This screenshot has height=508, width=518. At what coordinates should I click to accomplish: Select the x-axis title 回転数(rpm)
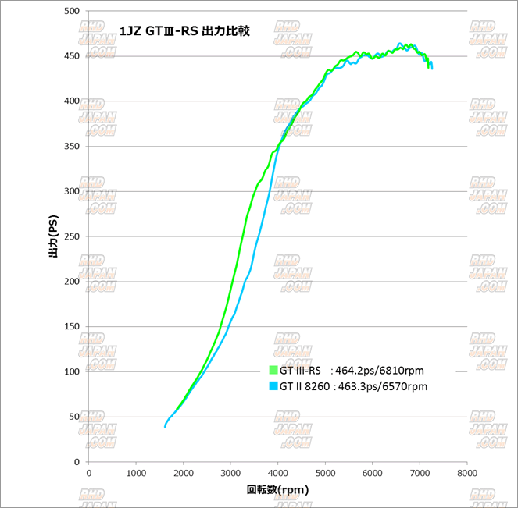[x=277, y=489]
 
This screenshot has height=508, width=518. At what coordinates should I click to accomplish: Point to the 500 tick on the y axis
[x=73, y=11]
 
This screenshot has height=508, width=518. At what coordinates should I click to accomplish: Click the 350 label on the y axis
[x=73, y=146]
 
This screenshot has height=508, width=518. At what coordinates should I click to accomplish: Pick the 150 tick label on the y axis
[x=73, y=326]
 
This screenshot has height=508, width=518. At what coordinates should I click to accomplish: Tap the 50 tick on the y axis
[x=75, y=417]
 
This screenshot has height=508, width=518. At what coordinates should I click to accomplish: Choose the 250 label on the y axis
[x=73, y=236]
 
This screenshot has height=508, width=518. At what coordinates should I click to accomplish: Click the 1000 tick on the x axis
[x=136, y=473]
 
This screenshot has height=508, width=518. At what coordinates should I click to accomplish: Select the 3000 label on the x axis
[x=230, y=473]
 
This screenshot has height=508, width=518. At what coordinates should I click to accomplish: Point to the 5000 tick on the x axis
[x=325, y=473]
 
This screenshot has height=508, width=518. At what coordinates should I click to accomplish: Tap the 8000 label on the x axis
[x=467, y=473]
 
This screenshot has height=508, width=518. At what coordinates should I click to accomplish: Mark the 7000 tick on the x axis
[x=420, y=473]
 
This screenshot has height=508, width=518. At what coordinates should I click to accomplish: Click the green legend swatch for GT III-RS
[x=273, y=371]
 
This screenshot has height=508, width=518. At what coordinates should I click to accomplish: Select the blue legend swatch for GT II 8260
[x=273, y=386]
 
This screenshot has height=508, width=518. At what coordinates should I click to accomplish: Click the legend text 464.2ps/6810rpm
[x=378, y=371]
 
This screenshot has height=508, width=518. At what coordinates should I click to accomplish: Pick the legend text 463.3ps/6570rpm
[x=381, y=386]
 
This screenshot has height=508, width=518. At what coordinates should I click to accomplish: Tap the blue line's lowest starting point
[x=165, y=426]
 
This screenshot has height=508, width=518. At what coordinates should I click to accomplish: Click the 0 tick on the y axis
[x=78, y=462]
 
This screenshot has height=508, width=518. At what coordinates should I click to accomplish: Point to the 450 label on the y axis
[x=73, y=56]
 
